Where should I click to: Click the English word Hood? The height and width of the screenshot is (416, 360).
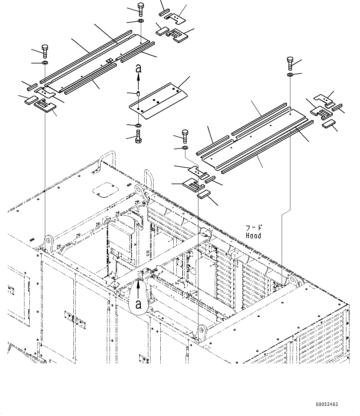[x=254, y=236]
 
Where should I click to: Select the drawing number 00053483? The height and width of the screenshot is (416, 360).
[x=327, y=404]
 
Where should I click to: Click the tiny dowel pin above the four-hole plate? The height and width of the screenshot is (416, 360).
[x=139, y=93]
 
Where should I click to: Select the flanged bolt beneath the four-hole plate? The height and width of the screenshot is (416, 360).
[x=138, y=136]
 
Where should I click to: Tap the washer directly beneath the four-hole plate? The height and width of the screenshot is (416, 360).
[x=138, y=125]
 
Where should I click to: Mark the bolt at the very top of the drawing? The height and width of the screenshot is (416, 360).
[x=140, y=9]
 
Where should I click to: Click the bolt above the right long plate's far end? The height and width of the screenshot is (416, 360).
[x=290, y=63]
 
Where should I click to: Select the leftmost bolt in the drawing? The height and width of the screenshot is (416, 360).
[x=45, y=51]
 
